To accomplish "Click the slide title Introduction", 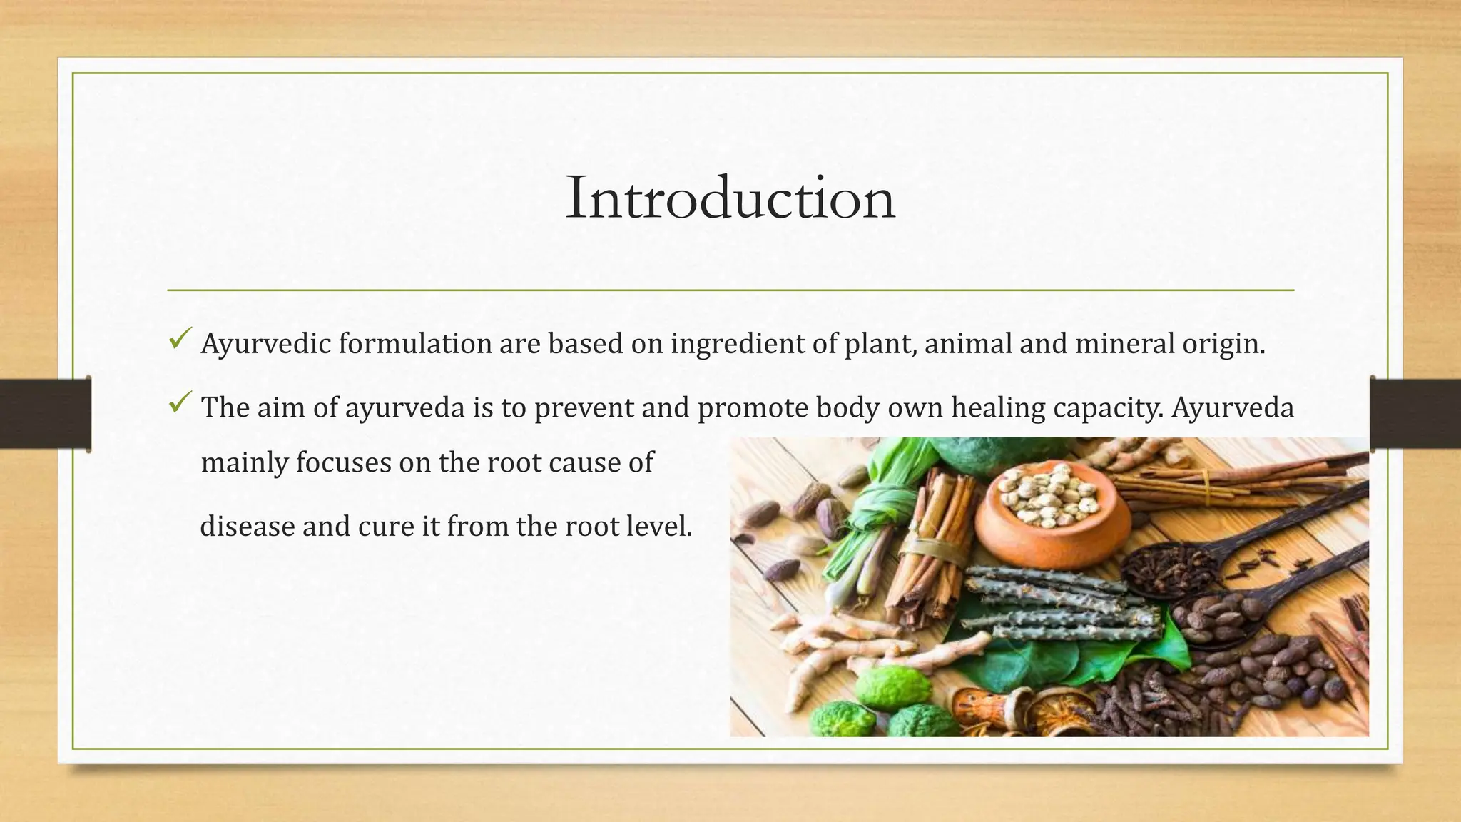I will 730,198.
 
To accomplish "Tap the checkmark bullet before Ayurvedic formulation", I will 178,338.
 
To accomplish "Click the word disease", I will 247,527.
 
